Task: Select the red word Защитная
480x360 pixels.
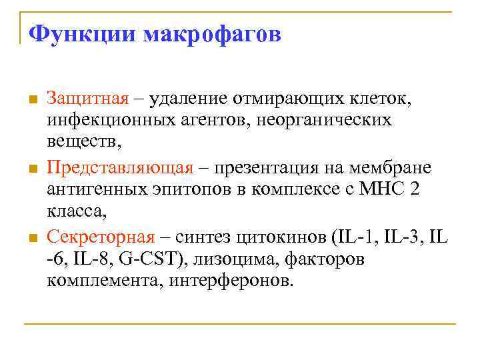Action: pyautogui.click(x=87, y=99)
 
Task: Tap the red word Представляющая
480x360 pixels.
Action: pyautogui.click(x=120, y=167)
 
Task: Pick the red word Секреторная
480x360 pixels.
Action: pyautogui.click(x=100, y=236)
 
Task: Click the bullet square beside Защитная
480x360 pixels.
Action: pyautogui.click(x=31, y=100)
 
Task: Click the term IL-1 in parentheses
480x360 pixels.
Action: pyautogui.click(x=361, y=236)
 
